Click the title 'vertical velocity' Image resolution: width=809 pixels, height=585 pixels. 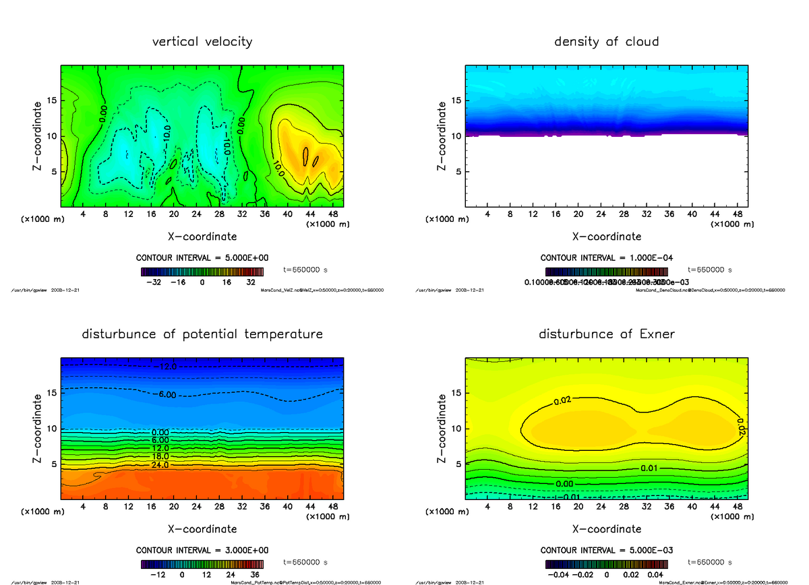[x=202, y=42]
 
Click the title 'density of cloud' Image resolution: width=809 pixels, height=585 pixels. [x=607, y=42]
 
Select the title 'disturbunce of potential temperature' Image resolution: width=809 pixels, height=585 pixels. [x=202, y=334]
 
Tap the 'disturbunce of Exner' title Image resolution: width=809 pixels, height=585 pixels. [x=607, y=334]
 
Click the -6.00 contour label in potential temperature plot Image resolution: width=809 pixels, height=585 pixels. [x=164, y=394]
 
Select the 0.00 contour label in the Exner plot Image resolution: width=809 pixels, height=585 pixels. [x=566, y=483]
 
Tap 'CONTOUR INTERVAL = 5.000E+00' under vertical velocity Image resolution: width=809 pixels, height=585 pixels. [x=203, y=258]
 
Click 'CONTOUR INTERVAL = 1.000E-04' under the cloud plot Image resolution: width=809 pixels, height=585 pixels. [x=607, y=258]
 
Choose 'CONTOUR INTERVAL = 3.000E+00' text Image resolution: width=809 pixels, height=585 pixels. [x=203, y=551]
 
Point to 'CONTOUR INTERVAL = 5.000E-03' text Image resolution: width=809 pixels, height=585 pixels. [x=607, y=551]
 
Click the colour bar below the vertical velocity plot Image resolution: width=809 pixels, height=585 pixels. [x=203, y=272]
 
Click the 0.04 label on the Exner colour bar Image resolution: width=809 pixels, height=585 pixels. [x=655, y=576]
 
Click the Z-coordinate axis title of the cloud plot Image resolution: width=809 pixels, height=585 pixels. [x=442, y=135]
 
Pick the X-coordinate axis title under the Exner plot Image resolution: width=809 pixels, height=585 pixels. [x=607, y=529]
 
